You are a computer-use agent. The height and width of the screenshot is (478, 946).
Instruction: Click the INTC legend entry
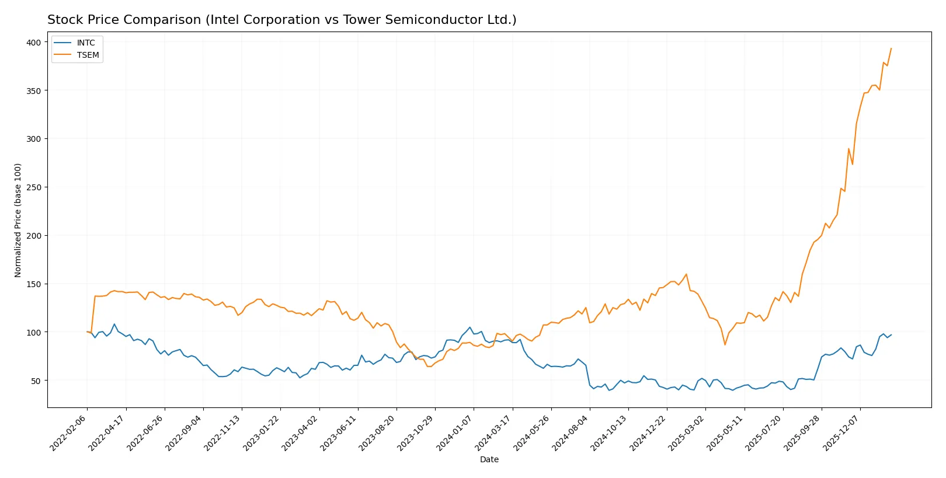pyautogui.click(x=85, y=43)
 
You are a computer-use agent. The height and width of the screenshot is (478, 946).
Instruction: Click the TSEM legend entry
pyautogui.click(x=88, y=55)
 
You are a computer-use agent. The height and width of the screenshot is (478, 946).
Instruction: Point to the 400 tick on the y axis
pyautogui.click(x=33, y=43)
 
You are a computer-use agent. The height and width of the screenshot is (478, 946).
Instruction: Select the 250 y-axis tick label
pyautogui.click(x=33, y=187)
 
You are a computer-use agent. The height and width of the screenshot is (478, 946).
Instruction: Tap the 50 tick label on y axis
pyautogui.click(x=36, y=381)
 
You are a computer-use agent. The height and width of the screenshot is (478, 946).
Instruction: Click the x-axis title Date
pyautogui.click(x=489, y=460)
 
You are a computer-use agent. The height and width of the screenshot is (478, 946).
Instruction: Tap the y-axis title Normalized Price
pyautogui.click(x=18, y=220)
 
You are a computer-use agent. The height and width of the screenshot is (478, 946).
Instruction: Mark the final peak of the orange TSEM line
pyautogui.click(x=891, y=48)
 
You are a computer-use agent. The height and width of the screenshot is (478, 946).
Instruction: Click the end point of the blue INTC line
pyautogui.click(x=891, y=335)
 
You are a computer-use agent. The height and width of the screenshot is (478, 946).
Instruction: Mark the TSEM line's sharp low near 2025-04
pyautogui.click(x=725, y=345)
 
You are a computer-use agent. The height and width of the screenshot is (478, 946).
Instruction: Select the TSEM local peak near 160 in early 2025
pyautogui.click(x=686, y=274)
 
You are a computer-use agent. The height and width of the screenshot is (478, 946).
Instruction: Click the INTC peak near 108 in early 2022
pyautogui.click(x=114, y=324)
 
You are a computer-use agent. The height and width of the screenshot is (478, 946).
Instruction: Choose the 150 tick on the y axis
pyautogui.click(x=33, y=284)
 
